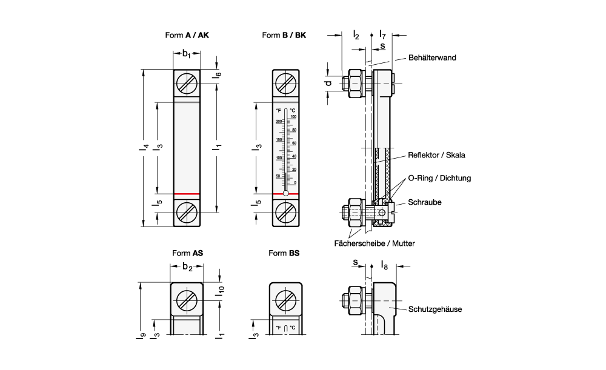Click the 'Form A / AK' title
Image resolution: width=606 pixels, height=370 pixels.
click(187, 35)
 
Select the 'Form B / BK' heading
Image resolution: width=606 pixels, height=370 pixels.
click(284, 35)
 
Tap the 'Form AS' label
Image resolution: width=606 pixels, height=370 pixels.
click(187, 253)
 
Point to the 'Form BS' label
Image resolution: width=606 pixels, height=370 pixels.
click(284, 253)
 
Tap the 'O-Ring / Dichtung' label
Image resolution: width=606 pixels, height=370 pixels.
click(439, 178)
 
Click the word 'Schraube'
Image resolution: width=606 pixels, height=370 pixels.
click(424, 202)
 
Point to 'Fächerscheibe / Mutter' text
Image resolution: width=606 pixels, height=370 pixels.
click(374, 243)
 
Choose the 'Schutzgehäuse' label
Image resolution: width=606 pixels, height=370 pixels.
click(435, 309)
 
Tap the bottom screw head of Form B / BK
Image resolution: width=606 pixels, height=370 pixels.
click(284, 212)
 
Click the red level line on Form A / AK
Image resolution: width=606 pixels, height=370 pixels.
click(187, 194)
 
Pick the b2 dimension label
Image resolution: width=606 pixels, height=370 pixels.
click(187, 267)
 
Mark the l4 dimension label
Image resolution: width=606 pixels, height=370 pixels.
click(141, 147)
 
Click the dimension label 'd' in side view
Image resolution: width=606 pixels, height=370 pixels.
click(328, 83)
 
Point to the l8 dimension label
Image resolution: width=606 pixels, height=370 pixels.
click(384, 265)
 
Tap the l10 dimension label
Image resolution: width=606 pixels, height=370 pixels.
click(222, 290)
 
